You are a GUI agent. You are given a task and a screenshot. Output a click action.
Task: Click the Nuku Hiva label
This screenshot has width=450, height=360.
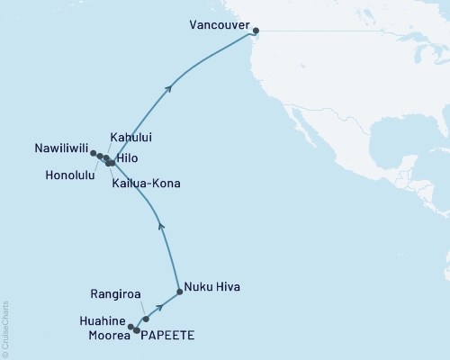coord(212,289)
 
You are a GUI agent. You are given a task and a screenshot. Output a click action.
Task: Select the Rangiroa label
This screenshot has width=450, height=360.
coord(116,292)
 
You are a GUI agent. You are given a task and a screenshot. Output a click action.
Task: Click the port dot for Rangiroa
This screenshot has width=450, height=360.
coord(146,319)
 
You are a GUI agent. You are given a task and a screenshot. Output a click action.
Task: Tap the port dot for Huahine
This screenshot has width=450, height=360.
coord(131,327)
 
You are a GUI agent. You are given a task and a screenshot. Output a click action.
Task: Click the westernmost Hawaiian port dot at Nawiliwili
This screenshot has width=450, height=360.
coord(93,153)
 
